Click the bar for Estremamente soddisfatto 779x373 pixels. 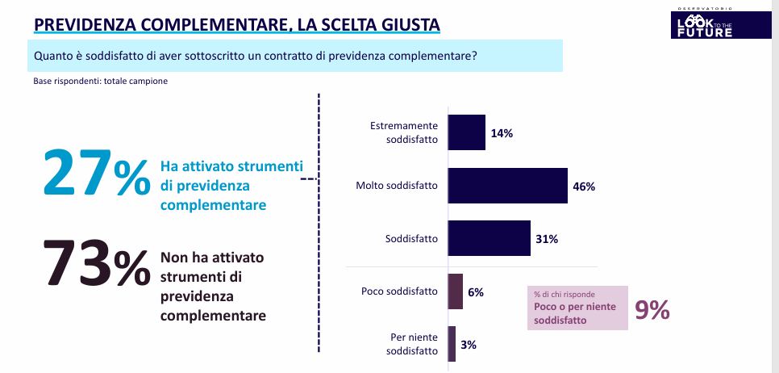466,132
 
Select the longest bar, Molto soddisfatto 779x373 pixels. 508,186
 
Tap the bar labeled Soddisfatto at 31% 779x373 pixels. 489,238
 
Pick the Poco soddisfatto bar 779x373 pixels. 455,291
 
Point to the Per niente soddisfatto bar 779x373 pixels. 452,344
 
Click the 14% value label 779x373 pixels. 502,133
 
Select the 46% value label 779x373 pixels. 583,186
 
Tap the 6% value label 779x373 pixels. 475,292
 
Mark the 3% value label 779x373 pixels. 469,345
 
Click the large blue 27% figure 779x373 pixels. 95,174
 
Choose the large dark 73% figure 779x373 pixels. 95,264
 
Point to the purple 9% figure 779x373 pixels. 652,310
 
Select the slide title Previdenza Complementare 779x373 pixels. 236,25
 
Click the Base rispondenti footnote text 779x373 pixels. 100,82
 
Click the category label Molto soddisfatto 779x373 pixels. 397,186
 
